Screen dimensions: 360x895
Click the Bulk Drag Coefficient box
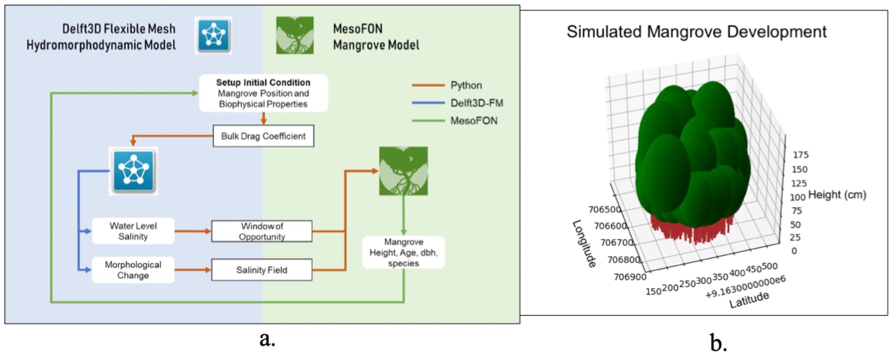click(x=263, y=136)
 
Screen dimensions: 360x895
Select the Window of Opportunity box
click(x=262, y=231)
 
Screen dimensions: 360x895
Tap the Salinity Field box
click(x=262, y=270)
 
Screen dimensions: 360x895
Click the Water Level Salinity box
click(x=133, y=231)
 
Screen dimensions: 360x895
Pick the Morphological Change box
click(x=133, y=270)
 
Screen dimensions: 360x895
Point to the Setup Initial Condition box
click(x=263, y=93)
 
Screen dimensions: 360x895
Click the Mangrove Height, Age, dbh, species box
click(x=403, y=252)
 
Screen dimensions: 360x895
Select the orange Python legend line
click(x=428, y=85)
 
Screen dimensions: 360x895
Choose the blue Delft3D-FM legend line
click(x=428, y=103)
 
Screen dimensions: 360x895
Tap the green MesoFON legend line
click(x=428, y=121)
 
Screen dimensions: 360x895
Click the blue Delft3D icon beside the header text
click(x=213, y=35)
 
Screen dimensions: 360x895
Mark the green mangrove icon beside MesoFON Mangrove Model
click(x=295, y=35)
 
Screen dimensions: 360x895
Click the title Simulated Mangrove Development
click(x=696, y=32)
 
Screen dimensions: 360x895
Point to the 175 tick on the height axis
click(x=801, y=155)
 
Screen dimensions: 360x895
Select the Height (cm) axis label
click(x=837, y=195)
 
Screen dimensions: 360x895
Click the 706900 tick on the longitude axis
click(x=630, y=277)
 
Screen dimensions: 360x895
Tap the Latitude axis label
click(x=749, y=300)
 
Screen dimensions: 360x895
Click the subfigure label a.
click(x=267, y=339)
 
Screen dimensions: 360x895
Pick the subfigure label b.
click(x=718, y=342)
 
